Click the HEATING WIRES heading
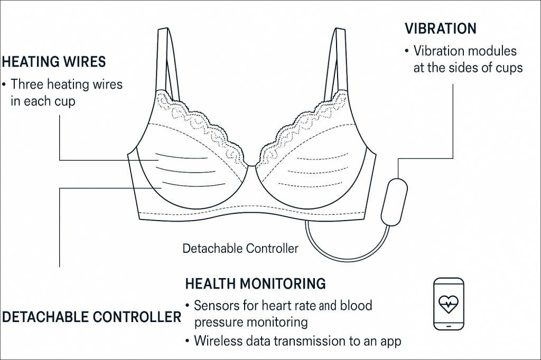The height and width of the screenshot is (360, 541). point(53,62)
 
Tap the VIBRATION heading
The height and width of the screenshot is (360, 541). point(440,29)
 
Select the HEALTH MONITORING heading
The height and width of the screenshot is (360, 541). point(255,283)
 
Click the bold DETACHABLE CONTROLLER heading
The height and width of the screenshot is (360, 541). point(91,317)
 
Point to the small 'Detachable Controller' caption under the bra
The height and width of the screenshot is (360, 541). point(240,248)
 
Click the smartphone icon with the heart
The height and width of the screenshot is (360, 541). point(449,304)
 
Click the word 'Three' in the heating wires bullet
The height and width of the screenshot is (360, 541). point(27,84)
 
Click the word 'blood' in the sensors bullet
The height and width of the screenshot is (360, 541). point(357,305)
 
